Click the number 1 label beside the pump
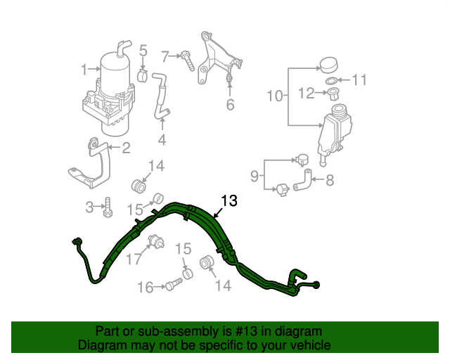84,70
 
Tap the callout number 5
143,51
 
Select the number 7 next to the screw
166,56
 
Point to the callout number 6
229,105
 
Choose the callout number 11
359,80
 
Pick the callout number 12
305,93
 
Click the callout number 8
329,180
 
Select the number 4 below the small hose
162,140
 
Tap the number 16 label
145,287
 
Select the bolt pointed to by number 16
174,284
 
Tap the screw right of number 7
188,60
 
